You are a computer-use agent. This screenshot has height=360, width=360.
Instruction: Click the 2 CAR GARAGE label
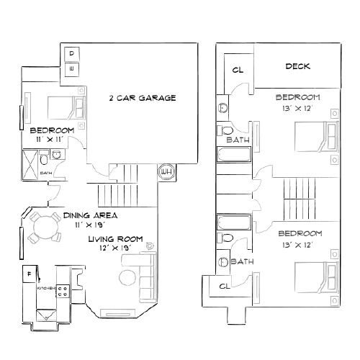[142, 98]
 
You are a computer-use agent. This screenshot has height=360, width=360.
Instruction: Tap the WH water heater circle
[166, 171]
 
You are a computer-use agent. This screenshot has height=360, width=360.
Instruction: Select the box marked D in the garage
[72, 54]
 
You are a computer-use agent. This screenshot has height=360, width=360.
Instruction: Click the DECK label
[297, 67]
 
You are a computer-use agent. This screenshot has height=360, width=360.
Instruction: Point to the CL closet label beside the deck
[238, 70]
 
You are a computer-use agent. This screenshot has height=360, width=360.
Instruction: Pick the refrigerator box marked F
[29, 274]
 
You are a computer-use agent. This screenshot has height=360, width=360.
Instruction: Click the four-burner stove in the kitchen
[63, 293]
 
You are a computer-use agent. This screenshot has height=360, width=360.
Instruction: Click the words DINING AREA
[90, 215]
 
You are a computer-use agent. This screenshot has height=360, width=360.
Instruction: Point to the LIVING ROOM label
[115, 239]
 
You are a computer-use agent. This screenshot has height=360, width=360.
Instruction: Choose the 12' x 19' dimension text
[114, 248]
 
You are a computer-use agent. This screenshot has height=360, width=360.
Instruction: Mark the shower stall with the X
[32, 159]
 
